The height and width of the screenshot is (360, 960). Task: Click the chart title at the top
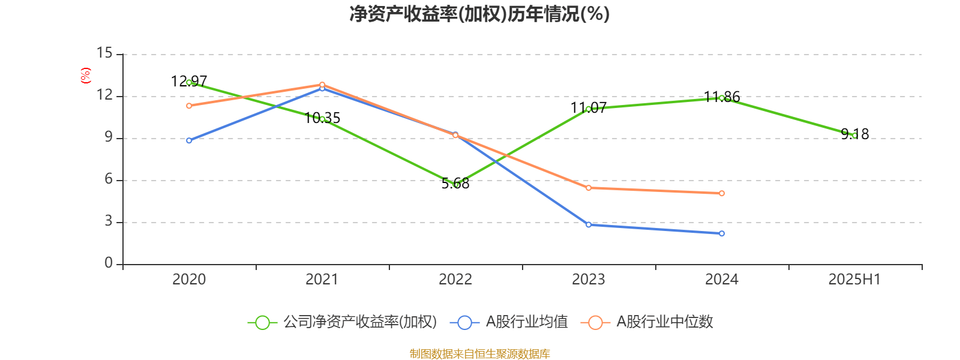point(479,14)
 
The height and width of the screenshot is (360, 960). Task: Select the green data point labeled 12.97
point(189,82)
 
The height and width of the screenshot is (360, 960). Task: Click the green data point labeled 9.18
point(854,136)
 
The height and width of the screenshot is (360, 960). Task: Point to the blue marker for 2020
point(189,140)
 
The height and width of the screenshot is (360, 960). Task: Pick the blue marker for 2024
point(722,233)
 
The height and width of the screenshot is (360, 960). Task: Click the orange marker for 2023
point(589,188)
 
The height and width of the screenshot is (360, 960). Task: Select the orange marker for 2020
point(189,106)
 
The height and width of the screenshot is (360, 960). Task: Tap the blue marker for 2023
point(589,224)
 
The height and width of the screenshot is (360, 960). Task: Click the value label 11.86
point(722,97)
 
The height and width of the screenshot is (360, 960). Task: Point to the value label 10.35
point(322,118)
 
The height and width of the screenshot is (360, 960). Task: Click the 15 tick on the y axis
point(104,53)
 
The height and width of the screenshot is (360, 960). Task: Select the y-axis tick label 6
point(109,179)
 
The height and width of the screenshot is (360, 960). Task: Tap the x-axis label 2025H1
point(854,279)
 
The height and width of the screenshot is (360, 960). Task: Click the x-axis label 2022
point(455,279)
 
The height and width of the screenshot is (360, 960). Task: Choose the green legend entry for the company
point(342,322)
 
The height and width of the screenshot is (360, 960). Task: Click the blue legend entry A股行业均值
point(512,322)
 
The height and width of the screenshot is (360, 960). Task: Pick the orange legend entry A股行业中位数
point(648,322)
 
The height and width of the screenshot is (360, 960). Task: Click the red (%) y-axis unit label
point(86,76)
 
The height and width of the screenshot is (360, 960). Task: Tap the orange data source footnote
point(479,354)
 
